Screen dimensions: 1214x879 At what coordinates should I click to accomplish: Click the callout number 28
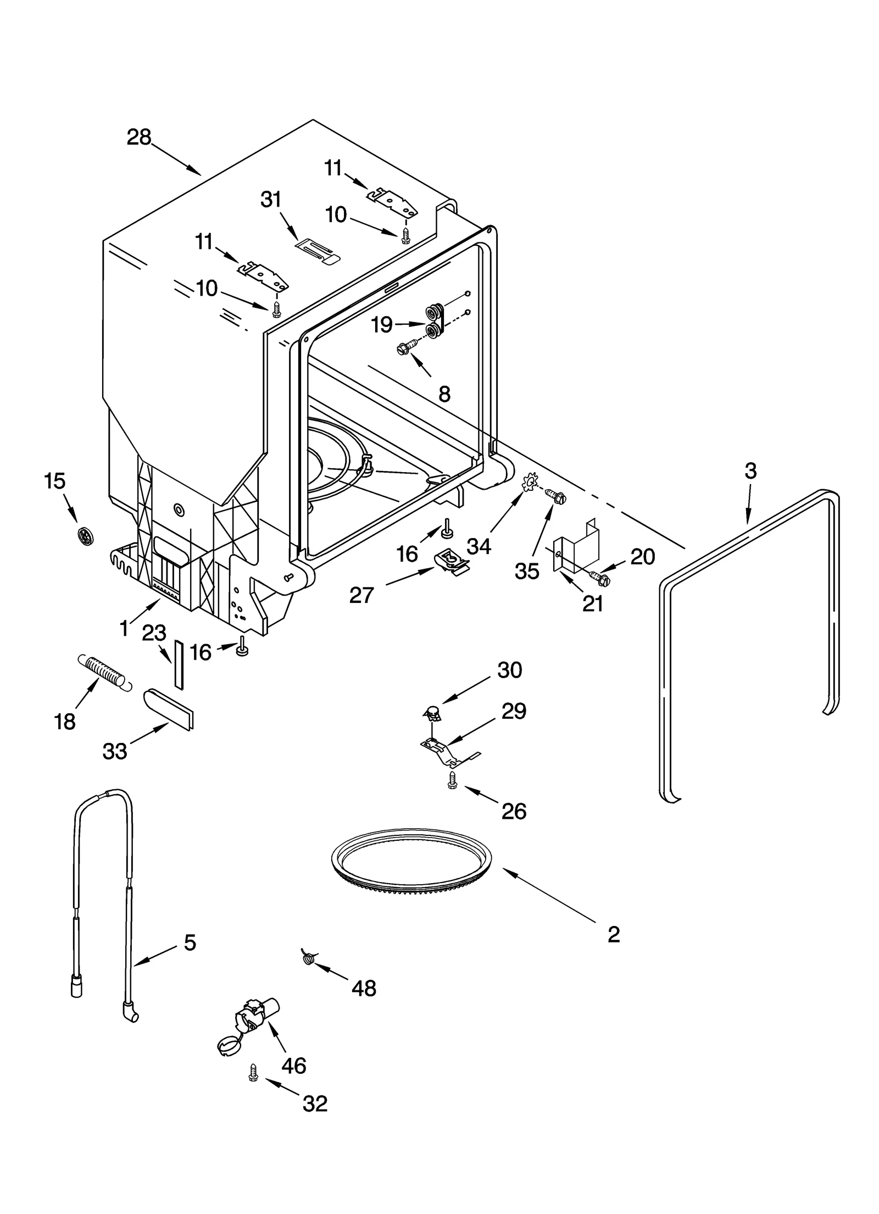coord(138,137)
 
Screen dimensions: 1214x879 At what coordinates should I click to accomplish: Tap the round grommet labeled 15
coord(84,534)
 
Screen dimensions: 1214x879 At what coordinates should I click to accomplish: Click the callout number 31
coord(271,200)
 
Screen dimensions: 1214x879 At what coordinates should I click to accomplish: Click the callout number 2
coord(614,934)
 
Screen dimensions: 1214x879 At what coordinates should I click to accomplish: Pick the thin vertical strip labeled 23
coord(179,663)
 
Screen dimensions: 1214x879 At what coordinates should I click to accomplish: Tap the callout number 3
coord(750,471)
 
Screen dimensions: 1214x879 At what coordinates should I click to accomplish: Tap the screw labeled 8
coord(407,347)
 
